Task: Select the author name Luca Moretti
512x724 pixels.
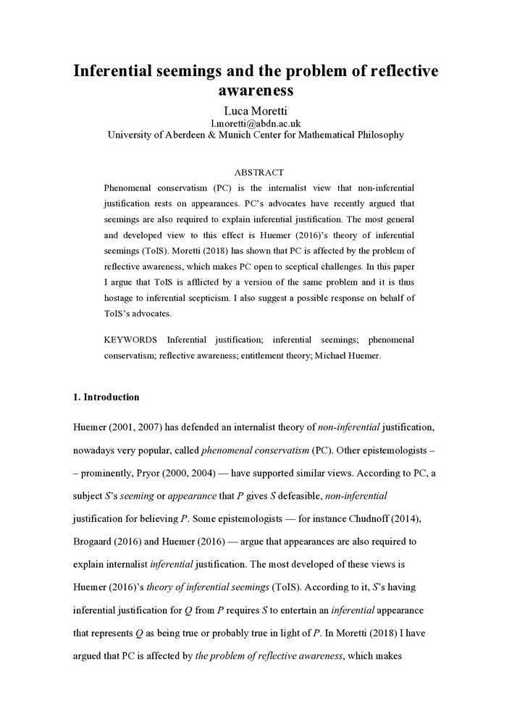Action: click(256, 110)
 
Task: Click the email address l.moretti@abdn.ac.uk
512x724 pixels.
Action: click(256, 123)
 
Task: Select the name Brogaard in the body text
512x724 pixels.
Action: click(96, 541)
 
